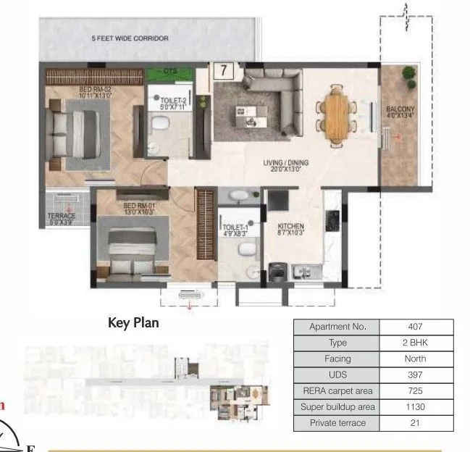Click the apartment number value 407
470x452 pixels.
[414, 327]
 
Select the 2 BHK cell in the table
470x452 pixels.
[414, 343]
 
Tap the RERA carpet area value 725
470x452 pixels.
[414, 391]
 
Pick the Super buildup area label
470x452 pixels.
[337, 407]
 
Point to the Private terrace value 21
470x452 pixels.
[414, 423]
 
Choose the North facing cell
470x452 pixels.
[414, 359]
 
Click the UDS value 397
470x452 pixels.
[414, 375]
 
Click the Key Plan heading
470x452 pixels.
[133, 323]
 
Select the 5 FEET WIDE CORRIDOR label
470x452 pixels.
[130, 38]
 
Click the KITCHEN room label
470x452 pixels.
[291, 227]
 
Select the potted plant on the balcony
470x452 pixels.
[409, 74]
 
